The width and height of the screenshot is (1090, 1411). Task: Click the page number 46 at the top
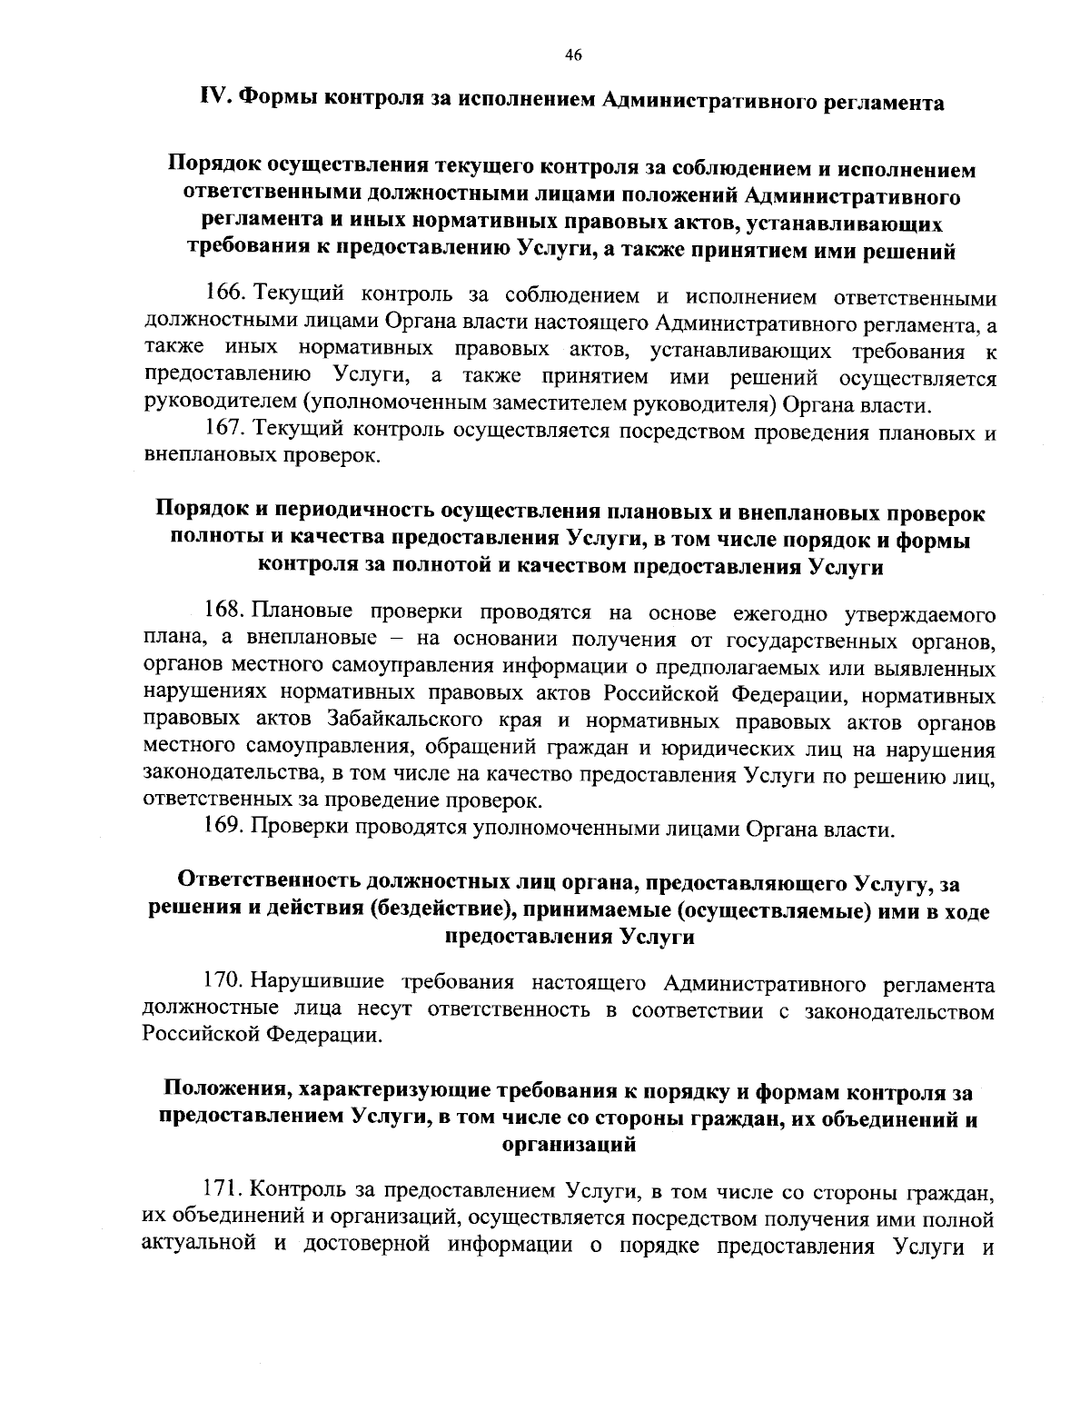(572, 55)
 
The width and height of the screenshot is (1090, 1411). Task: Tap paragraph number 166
(223, 296)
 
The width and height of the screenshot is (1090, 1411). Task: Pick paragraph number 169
(223, 829)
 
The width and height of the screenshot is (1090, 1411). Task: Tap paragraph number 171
(223, 1189)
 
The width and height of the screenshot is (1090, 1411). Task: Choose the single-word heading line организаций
(569, 1146)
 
